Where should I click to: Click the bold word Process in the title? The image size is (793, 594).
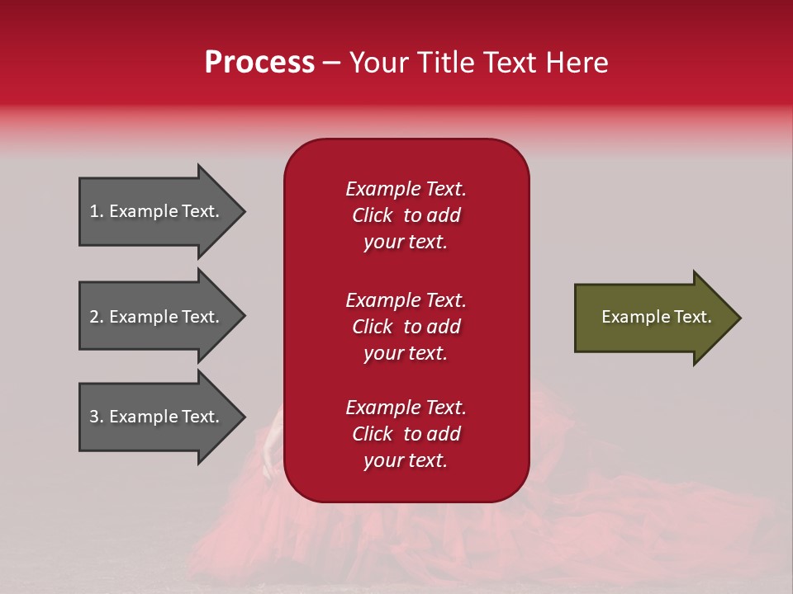pyautogui.click(x=259, y=63)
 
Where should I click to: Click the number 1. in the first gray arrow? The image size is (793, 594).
pyautogui.click(x=97, y=211)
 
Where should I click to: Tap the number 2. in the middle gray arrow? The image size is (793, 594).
pyautogui.click(x=97, y=317)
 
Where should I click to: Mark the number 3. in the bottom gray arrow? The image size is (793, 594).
pyautogui.click(x=97, y=417)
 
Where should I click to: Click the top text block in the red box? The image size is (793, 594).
pyautogui.click(x=406, y=215)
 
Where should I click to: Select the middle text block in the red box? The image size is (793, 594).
pyautogui.click(x=406, y=327)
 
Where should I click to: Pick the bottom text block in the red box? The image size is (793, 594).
pyautogui.click(x=406, y=434)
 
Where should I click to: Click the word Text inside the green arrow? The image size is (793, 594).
pyautogui.click(x=694, y=317)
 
